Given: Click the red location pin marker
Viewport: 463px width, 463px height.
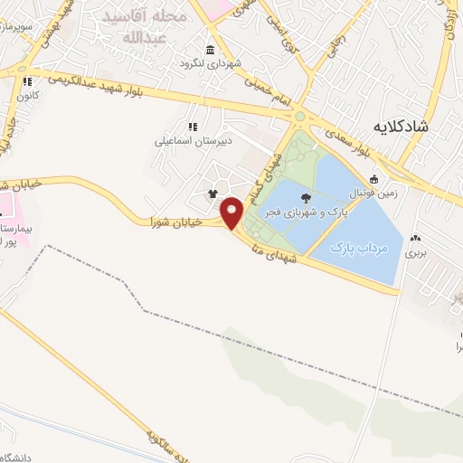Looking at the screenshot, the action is point(232,213).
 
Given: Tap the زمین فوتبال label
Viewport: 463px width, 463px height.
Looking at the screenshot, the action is point(399,191).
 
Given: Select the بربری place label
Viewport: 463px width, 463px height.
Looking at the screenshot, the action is point(414,254).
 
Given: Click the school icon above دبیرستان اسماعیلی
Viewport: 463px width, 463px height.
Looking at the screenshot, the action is point(192,127).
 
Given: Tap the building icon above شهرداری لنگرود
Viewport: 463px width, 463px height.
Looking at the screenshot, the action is point(210,49).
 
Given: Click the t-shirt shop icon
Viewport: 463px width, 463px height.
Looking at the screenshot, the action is point(213,193).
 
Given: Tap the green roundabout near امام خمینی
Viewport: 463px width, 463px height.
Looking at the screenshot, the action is point(299,116).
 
